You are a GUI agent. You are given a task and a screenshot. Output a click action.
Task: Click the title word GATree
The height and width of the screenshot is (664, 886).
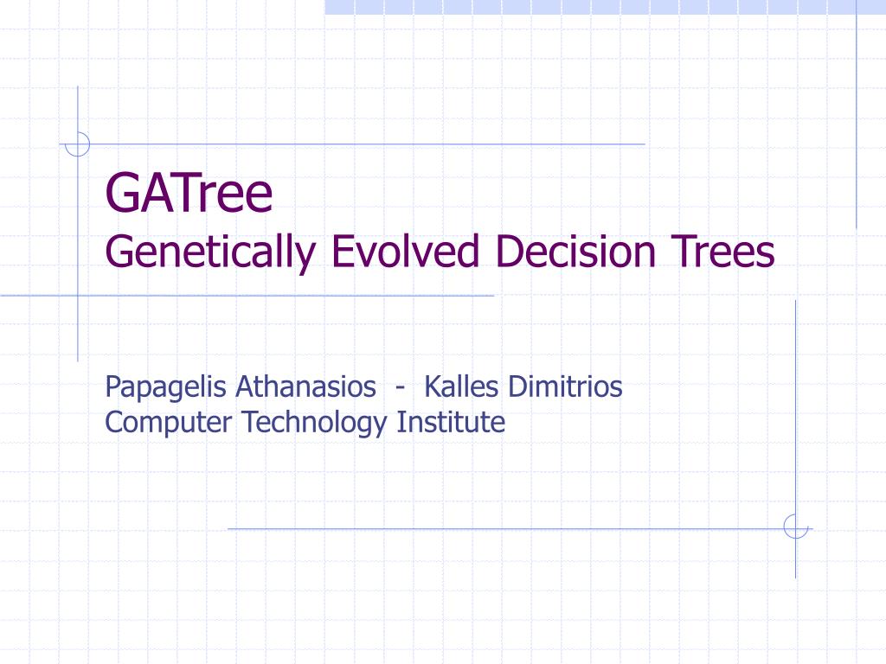(x=189, y=193)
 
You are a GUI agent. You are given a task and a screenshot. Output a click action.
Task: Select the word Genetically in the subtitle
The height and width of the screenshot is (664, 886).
(x=210, y=253)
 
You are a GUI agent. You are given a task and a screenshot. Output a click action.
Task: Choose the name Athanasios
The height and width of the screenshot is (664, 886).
(x=305, y=386)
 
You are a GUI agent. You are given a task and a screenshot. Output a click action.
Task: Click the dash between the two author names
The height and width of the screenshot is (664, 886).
(x=400, y=388)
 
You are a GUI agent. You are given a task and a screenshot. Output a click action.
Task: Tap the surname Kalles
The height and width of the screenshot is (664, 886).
(x=461, y=386)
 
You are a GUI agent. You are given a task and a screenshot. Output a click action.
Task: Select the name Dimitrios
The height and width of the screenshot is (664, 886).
(x=565, y=386)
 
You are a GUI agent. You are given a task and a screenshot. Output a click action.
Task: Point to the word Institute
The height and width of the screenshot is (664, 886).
(x=451, y=422)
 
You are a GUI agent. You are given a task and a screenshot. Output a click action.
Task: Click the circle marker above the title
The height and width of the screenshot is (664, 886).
(x=77, y=144)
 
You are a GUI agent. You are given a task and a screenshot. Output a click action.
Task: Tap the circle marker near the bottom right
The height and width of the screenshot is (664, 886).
(x=796, y=527)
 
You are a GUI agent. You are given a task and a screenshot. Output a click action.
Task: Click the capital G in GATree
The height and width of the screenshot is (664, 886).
(x=120, y=193)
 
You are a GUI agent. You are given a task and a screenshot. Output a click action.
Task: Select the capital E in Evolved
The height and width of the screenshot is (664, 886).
(x=341, y=252)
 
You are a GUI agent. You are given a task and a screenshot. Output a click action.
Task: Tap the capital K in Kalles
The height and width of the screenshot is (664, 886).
(x=433, y=387)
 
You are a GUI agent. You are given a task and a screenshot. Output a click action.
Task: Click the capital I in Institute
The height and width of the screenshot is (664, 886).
(x=400, y=422)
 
